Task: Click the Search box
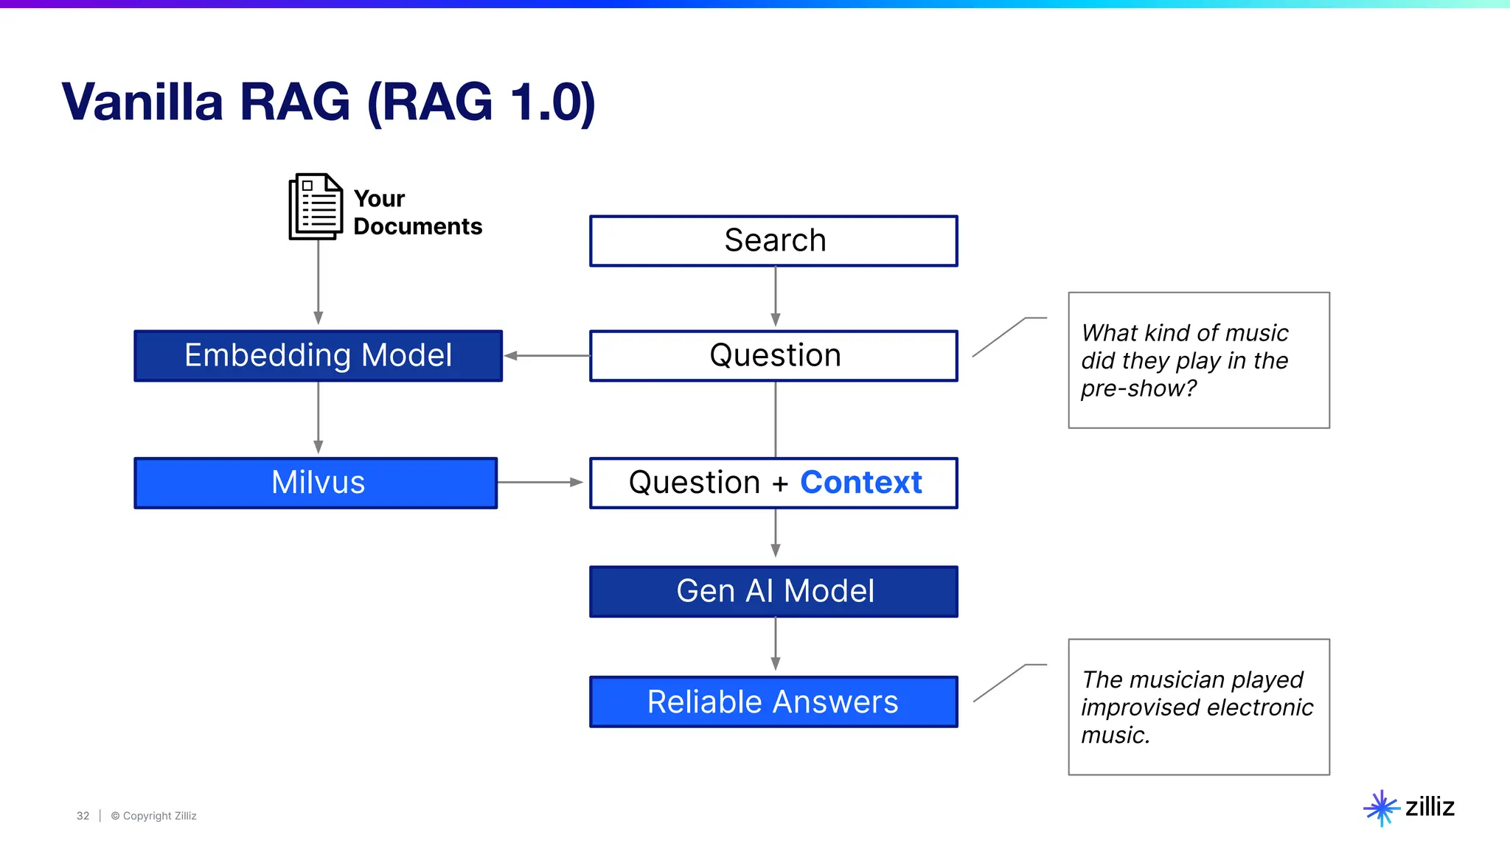click(773, 241)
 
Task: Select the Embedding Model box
click(318, 356)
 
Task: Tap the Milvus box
click(316, 483)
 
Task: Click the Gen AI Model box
click(773, 591)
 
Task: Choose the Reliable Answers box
click(773, 702)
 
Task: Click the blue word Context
click(860, 483)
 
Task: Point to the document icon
click(316, 207)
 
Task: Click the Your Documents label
click(417, 212)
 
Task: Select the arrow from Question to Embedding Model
click(546, 356)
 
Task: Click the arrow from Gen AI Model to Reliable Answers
click(775, 643)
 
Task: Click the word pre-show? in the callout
click(1138, 388)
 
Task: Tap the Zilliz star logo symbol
click(1381, 808)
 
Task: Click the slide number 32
click(83, 816)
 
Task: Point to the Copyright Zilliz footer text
click(154, 816)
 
